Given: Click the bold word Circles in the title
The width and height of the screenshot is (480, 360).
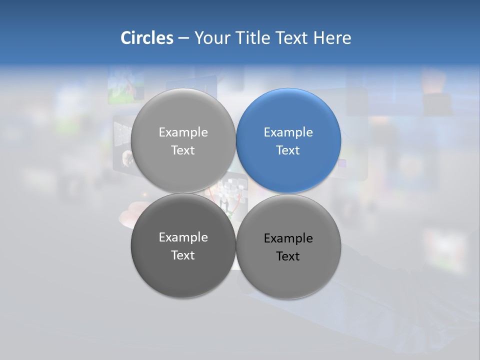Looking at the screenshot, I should (x=146, y=38).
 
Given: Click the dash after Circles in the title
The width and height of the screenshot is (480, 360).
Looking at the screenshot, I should (x=183, y=38).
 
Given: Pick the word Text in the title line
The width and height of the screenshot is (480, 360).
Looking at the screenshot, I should (x=292, y=38).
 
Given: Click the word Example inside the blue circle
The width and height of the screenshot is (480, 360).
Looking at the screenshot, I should (x=288, y=132).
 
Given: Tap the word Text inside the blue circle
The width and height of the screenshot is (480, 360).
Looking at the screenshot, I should (x=288, y=150).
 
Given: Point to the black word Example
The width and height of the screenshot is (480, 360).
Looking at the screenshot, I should (x=288, y=238).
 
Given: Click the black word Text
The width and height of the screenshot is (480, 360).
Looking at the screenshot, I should (x=288, y=256).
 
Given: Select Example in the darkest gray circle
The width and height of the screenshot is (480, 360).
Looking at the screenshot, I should (x=183, y=237).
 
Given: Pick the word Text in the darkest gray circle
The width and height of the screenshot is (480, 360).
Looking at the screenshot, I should (x=183, y=255).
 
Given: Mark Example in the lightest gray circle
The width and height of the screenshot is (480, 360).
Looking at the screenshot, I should (x=183, y=132).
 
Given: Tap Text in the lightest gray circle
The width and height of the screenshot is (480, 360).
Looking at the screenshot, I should (x=183, y=150).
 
